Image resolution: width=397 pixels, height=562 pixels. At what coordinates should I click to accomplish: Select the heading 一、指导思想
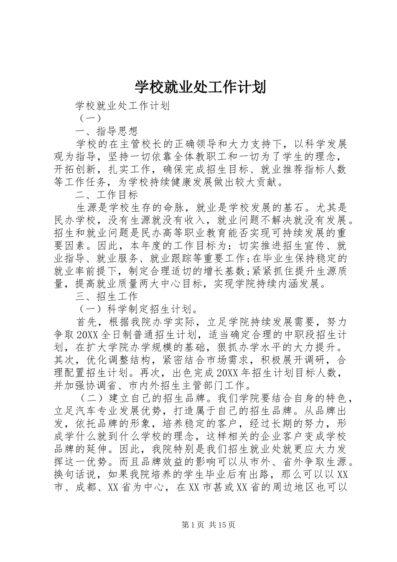pos(107,131)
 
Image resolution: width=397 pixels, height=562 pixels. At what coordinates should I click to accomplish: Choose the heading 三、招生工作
pos(107,297)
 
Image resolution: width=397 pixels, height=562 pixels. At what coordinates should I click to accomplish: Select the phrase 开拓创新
pos(76,169)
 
